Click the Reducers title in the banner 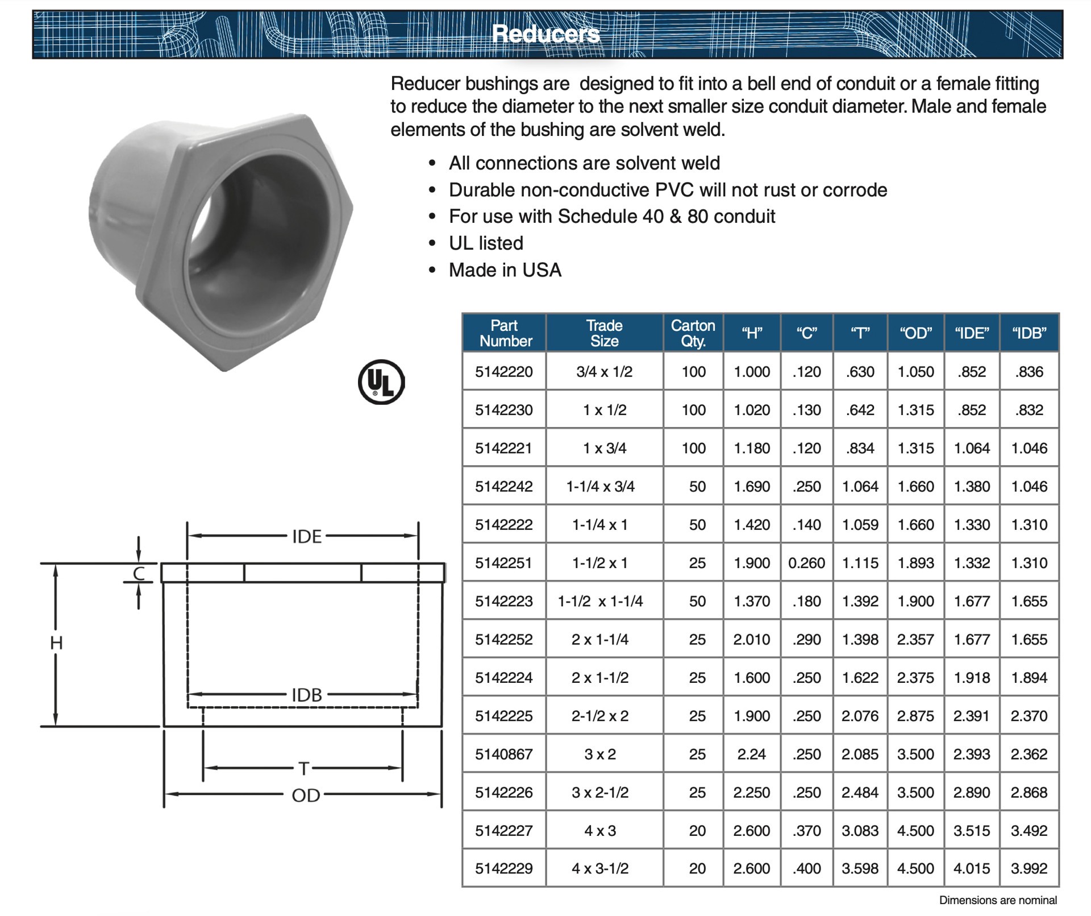tap(545, 34)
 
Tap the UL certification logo tap(381, 382)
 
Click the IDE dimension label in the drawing tap(306, 536)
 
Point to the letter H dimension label tap(56, 643)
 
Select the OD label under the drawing tap(306, 795)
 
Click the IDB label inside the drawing tap(306, 695)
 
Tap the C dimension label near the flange tap(139, 574)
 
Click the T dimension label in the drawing tap(304, 769)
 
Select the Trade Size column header tap(604, 333)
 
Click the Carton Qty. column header tap(693, 333)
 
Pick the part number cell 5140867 tap(503, 754)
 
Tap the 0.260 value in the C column tap(806, 563)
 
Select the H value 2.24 tap(751, 754)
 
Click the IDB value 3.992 tap(1028, 868)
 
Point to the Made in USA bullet tap(505, 270)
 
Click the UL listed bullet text tap(486, 243)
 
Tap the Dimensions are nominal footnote tap(997, 900)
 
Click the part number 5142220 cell tap(503, 372)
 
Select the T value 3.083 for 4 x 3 tap(860, 830)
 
